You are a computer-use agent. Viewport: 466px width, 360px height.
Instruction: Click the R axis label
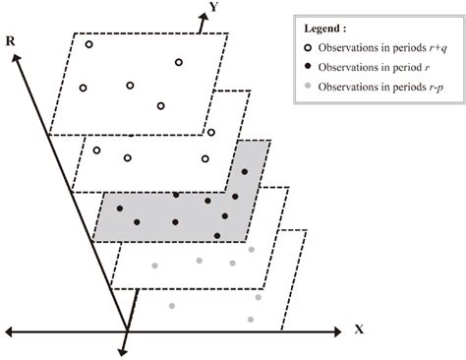pos(10,43)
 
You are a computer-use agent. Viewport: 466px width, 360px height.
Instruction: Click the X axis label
pos(360,330)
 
